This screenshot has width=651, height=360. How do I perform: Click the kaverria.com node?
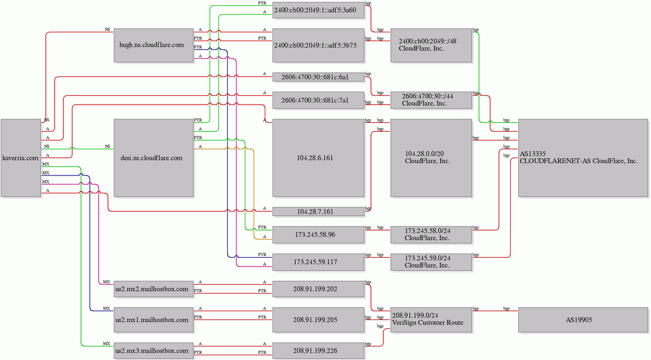(x=21, y=158)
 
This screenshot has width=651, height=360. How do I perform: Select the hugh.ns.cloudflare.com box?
(x=154, y=45)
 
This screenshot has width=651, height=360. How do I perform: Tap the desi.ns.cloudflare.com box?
(x=154, y=158)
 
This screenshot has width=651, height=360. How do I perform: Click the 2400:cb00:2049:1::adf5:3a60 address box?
(x=318, y=10)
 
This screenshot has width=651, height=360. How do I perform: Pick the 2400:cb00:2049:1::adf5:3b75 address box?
(x=318, y=45)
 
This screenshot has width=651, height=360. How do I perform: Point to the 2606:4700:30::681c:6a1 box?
(x=318, y=77)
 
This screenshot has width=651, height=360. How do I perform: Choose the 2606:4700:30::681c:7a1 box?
(x=318, y=100)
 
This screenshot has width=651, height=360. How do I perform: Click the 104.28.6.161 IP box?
(x=318, y=158)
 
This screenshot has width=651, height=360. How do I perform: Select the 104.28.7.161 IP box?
(x=318, y=211)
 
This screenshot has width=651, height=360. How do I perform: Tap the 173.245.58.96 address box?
(x=318, y=234)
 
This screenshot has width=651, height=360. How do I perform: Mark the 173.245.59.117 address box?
(x=318, y=262)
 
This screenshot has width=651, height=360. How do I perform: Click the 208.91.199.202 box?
(x=318, y=289)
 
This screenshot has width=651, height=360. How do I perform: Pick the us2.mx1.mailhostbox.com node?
(x=154, y=319)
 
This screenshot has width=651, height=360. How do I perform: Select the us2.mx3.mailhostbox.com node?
(x=154, y=351)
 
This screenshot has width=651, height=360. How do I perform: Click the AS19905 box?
(x=583, y=319)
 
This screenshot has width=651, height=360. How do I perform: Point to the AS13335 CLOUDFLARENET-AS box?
(x=583, y=158)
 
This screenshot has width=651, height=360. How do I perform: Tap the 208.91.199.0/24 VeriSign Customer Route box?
(x=431, y=319)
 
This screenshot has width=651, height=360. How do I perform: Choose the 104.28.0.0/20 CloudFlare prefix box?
(x=431, y=158)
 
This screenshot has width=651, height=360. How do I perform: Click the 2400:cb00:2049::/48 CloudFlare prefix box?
(x=431, y=45)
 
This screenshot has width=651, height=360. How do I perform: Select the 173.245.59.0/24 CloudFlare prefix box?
(x=431, y=262)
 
